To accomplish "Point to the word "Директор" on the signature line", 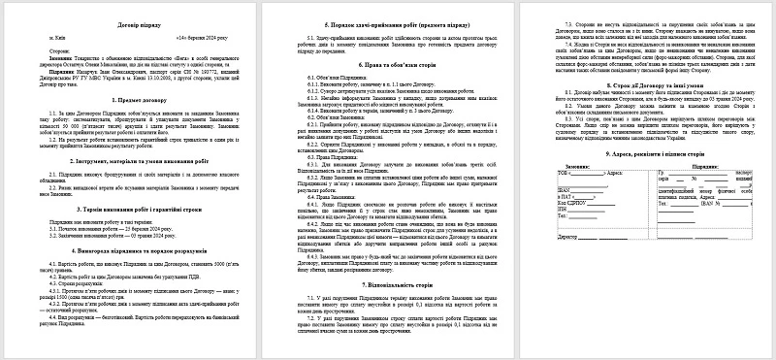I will tap(542, 234).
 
